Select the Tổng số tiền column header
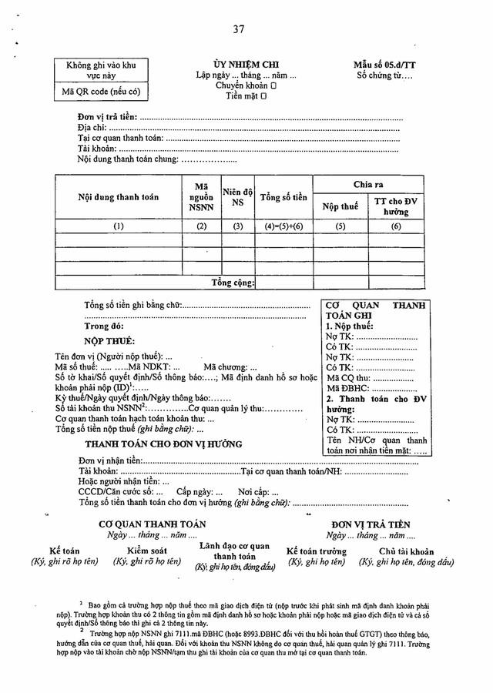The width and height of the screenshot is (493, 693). (x=283, y=198)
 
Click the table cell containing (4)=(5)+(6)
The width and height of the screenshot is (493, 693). (x=283, y=226)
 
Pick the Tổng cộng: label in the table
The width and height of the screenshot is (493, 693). (x=233, y=283)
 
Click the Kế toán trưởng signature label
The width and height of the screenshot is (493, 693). (x=316, y=551)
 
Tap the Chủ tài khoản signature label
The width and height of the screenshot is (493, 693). (x=406, y=551)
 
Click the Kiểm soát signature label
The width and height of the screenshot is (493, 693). (x=146, y=551)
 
